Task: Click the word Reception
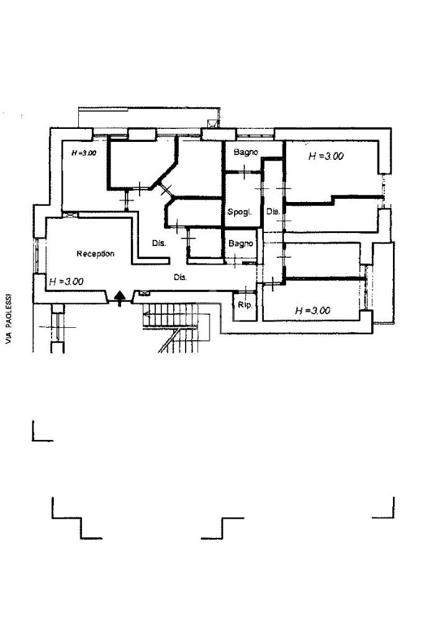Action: point(95,253)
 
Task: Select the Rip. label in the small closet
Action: point(245,305)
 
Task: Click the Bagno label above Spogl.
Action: point(246,152)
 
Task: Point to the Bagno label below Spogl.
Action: point(241,244)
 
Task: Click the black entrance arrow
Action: point(119,298)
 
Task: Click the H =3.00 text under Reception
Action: point(66,281)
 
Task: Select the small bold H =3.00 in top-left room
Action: point(83,152)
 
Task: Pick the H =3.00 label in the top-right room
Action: point(326,157)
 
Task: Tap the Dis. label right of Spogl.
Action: point(273,212)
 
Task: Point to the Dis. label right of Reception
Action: point(159,244)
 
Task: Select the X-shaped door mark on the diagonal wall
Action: point(166,188)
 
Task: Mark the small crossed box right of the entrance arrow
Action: point(145,294)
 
